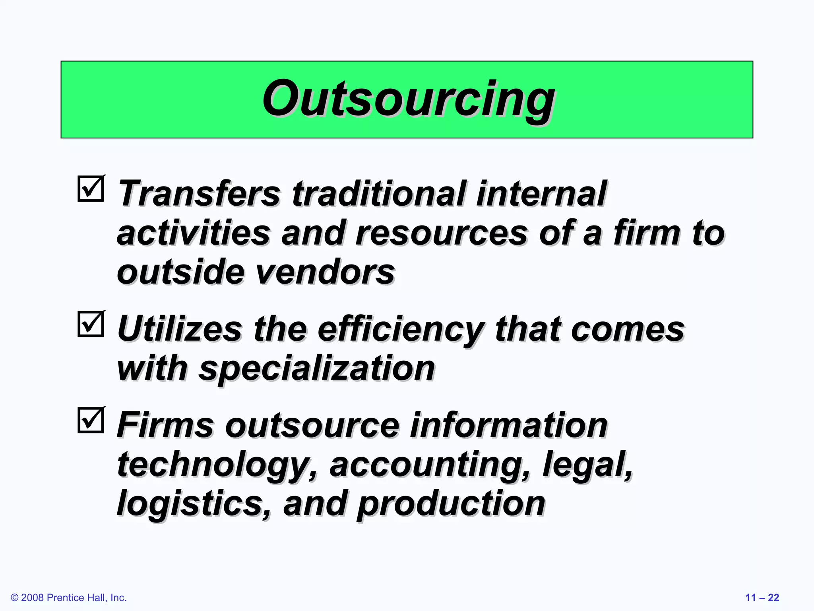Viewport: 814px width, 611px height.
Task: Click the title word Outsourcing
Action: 408,99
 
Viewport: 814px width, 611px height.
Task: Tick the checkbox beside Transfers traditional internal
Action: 91,189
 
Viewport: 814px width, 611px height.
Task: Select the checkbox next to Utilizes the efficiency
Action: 91,324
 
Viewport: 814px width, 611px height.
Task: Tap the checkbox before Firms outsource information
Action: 91,420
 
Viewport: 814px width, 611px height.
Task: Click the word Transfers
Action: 199,194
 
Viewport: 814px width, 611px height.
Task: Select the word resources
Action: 441,233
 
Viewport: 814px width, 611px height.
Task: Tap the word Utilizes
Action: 180,329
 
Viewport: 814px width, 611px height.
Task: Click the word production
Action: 451,504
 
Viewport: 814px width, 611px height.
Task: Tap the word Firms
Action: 165,425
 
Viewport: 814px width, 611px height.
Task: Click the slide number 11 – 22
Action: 762,597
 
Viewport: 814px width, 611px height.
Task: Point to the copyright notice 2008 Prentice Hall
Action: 69,597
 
